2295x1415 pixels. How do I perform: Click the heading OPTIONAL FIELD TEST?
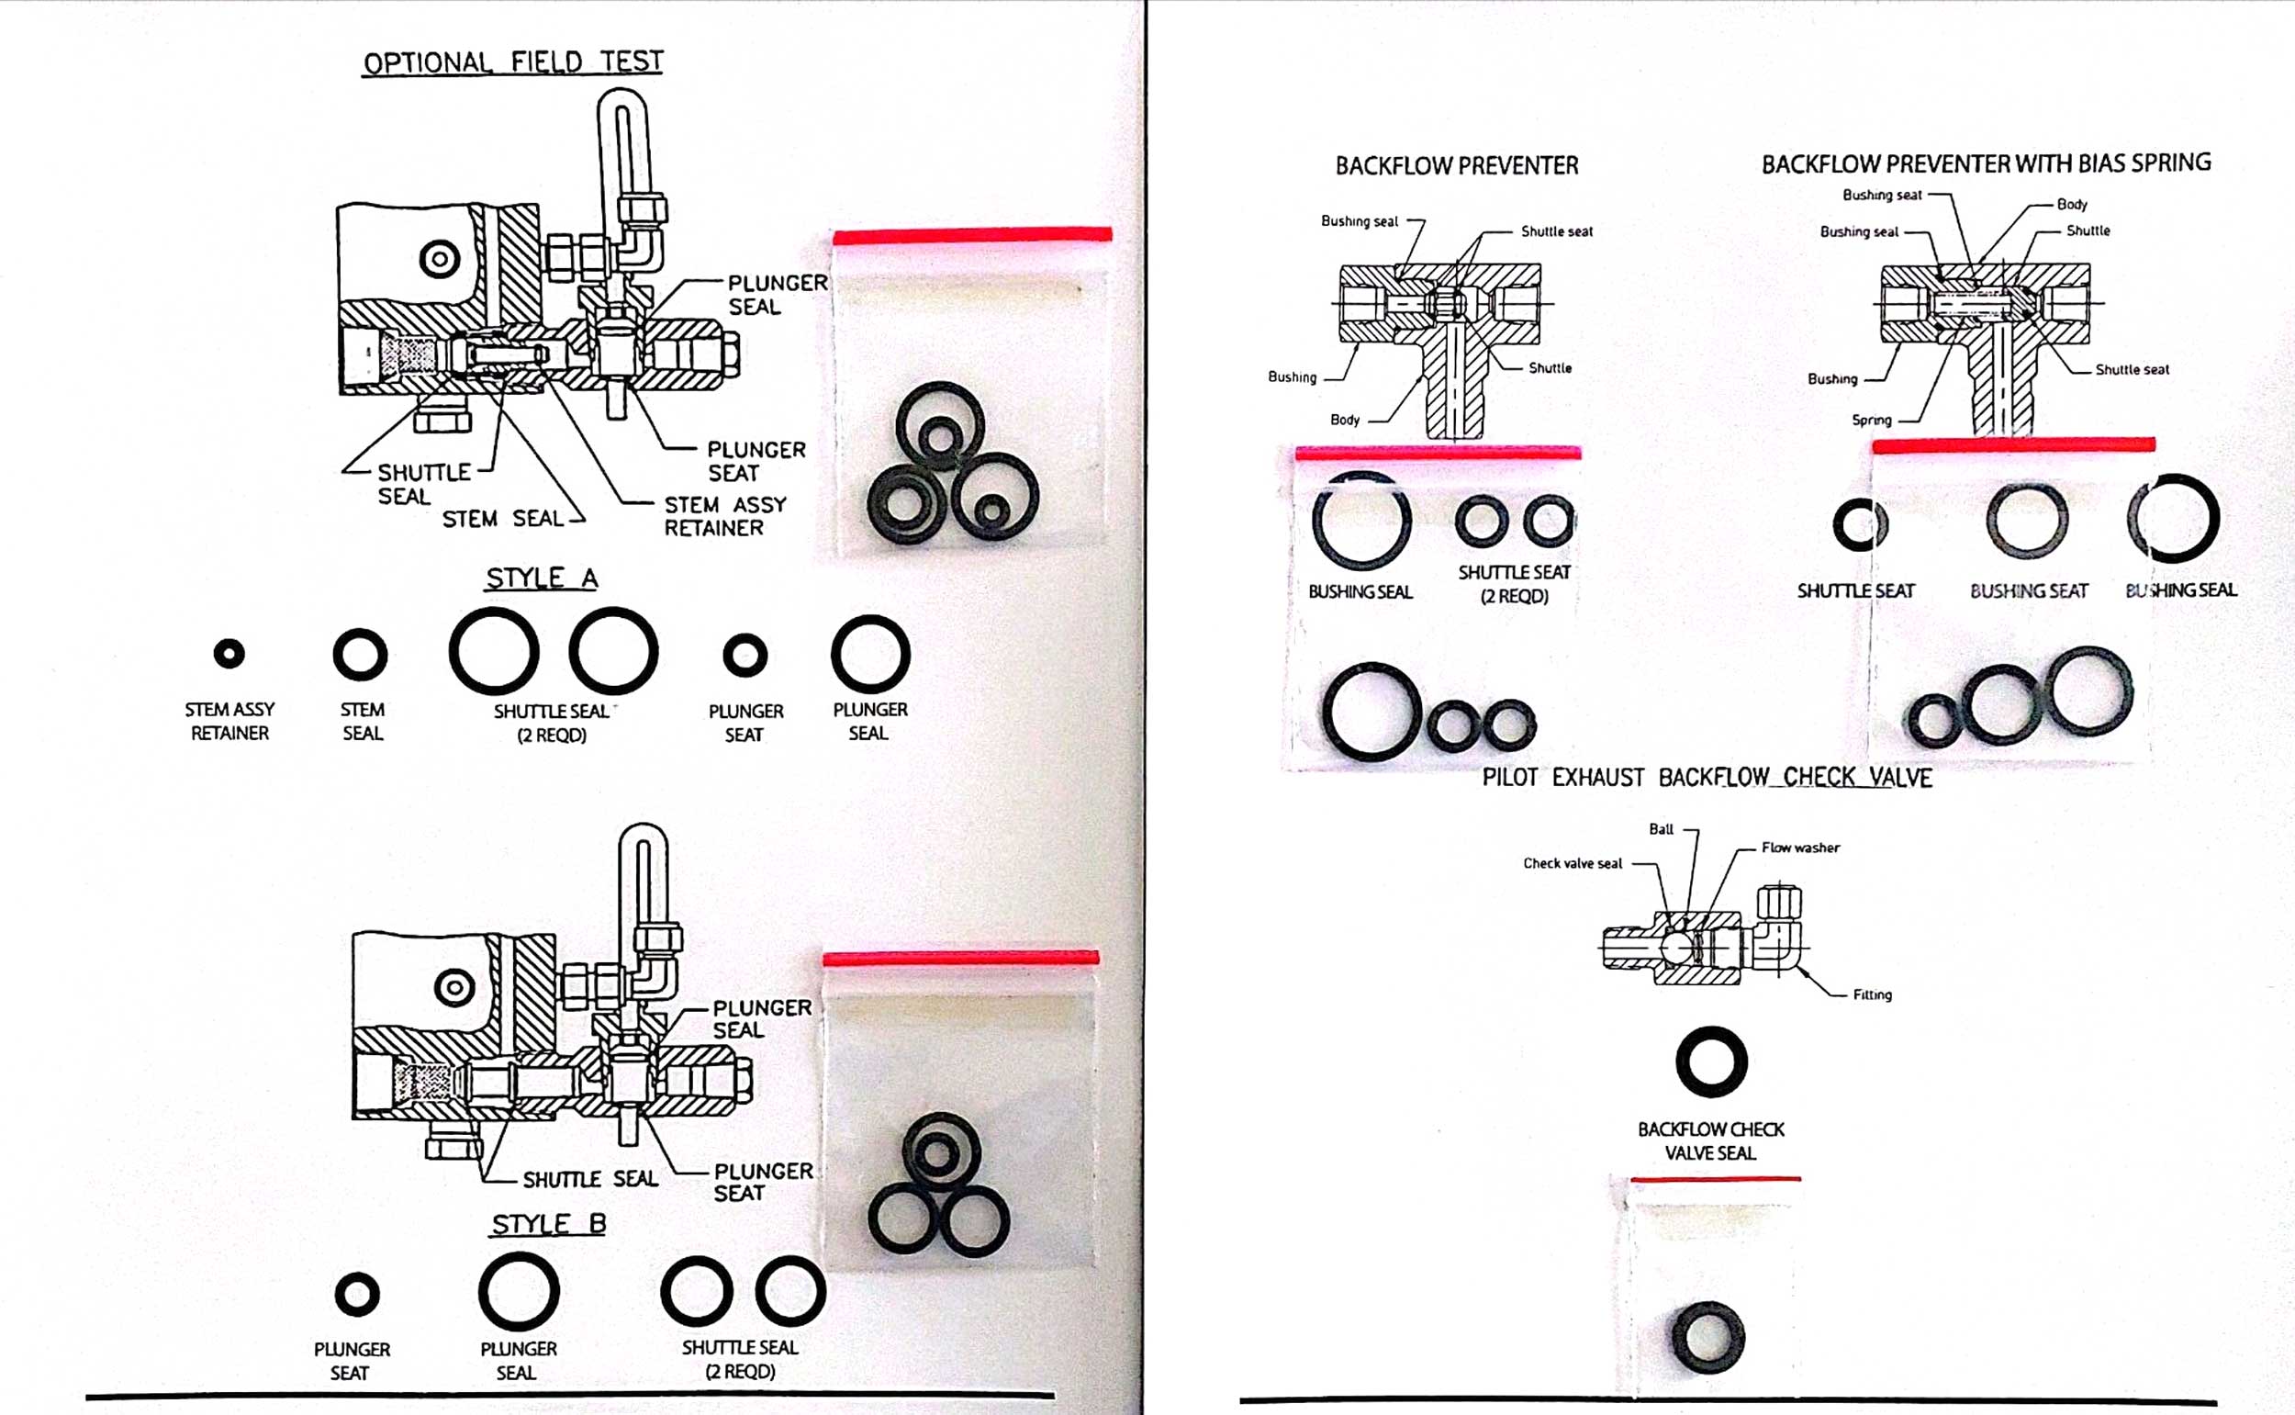point(512,62)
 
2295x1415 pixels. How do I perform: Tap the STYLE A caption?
point(541,578)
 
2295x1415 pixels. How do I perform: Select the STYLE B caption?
point(548,1223)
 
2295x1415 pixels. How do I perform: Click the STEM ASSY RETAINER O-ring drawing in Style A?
point(229,653)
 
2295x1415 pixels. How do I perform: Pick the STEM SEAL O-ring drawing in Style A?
point(360,654)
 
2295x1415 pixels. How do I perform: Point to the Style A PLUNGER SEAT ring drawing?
point(744,655)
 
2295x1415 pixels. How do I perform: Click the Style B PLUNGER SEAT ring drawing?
point(356,1296)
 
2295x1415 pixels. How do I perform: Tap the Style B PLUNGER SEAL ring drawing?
point(519,1291)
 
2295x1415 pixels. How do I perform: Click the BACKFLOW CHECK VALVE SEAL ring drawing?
point(1711,1062)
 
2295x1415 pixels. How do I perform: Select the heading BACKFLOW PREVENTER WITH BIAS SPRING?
point(1986,163)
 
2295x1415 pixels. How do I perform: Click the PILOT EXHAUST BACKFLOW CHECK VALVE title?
point(1707,778)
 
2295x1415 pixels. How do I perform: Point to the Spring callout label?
point(1871,421)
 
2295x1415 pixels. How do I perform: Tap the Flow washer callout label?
point(1800,848)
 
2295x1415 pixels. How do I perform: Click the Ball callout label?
point(1661,829)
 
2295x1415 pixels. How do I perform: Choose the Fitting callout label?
point(1872,994)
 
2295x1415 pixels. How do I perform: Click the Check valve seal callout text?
point(1572,863)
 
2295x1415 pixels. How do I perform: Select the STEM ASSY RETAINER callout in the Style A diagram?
point(725,516)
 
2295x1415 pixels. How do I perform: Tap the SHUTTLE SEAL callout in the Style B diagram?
point(589,1179)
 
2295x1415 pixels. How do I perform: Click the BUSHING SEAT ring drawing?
point(2027,521)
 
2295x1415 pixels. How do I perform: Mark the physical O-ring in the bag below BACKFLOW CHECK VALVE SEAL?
point(1707,1337)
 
